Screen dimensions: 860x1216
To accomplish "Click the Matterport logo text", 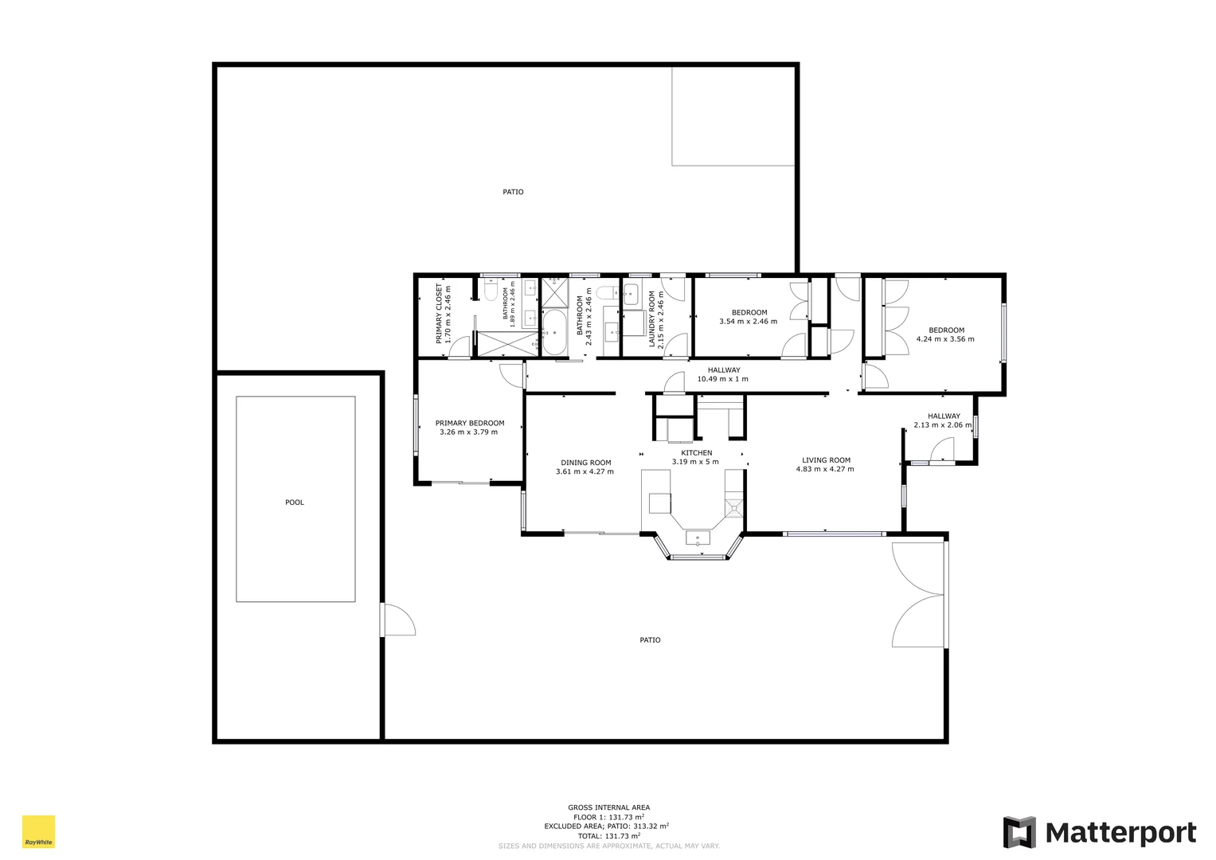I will tap(1120, 833).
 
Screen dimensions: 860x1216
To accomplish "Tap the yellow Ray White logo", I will tap(38, 831).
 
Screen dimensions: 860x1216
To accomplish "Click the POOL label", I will tap(295, 502).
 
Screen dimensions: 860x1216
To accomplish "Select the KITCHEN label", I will tap(696, 453).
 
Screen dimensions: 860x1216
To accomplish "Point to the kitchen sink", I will tap(698, 537).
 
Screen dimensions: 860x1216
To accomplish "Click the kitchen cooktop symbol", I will tap(733, 506).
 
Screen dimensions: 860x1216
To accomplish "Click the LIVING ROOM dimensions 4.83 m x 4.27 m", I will tap(825, 469).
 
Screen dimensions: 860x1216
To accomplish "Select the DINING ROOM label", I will tap(585, 463).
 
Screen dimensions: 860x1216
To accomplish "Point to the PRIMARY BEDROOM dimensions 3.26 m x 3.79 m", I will tap(468, 432).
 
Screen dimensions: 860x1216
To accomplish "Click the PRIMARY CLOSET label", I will tap(439, 314).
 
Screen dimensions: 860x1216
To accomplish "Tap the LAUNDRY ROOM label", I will tap(651, 319).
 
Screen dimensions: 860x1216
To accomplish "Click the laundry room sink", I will tap(631, 294).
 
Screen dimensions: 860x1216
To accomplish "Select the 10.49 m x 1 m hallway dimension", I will tap(722, 379).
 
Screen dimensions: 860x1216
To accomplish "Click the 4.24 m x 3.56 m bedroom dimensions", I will tap(945, 339).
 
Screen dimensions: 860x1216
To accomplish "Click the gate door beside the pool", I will tap(398, 620).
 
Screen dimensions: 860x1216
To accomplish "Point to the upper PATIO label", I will tap(513, 192).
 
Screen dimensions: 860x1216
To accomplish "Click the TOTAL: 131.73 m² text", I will tap(608, 836).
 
